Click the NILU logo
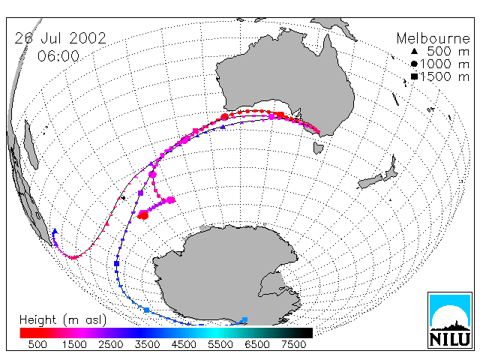[450, 320]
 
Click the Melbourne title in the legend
[433, 38]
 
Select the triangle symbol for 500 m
[414, 51]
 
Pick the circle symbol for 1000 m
[414, 64]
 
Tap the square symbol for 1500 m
[414, 76]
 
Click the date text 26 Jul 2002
[60, 38]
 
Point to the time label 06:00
[58, 56]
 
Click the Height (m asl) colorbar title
[63, 320]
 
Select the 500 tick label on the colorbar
[37, 345]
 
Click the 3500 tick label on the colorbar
[147, 345]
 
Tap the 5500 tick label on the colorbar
[220, 345]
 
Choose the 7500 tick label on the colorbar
[293, 345]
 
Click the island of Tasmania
[318, 148]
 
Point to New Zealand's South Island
[370, 181]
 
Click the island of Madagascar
[31, 145]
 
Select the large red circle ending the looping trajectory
[143, 215]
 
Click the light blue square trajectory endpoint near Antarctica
[244, 320]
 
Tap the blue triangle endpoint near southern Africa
[55, 231]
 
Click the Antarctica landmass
[227, 275]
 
